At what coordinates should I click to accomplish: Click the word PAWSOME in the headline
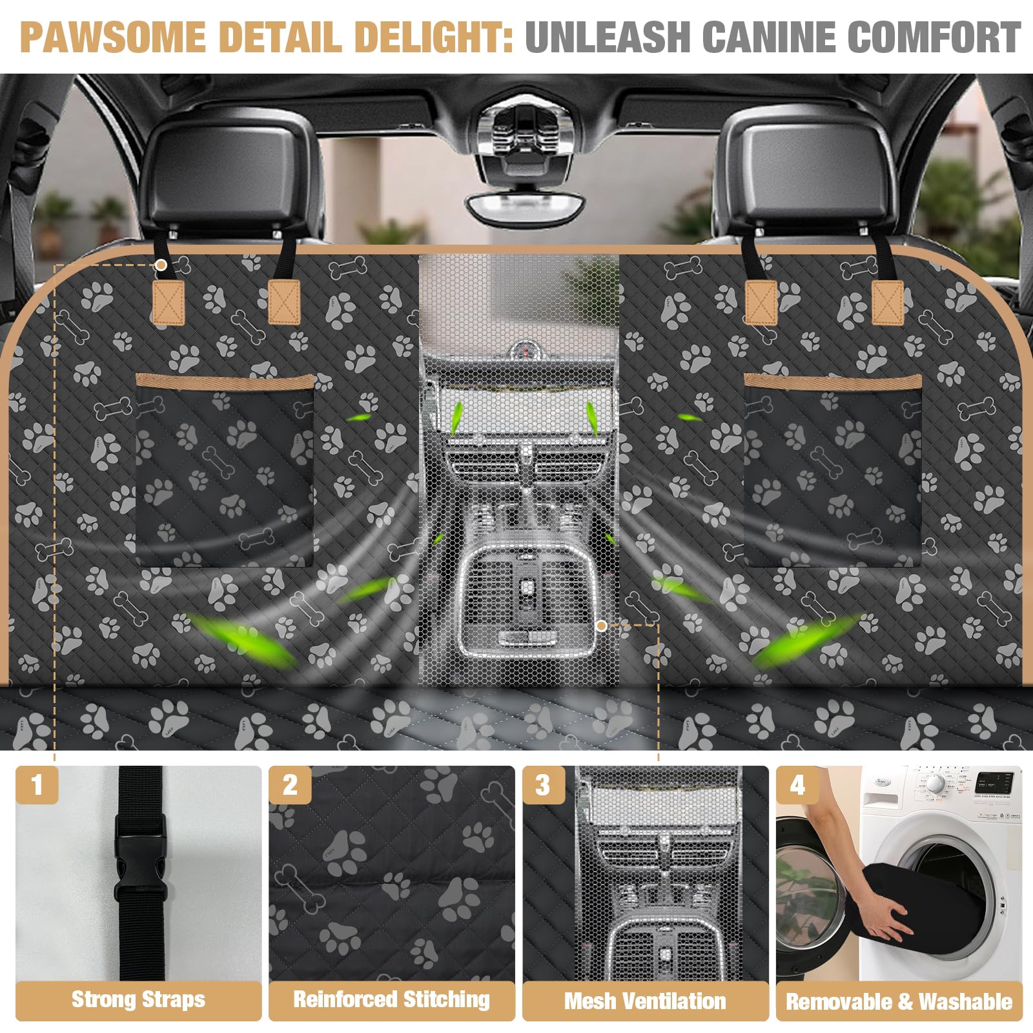pos(112,37)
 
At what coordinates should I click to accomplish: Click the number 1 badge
pos(37,785)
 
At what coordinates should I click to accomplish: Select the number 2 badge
pos(290,785)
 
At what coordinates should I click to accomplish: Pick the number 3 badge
pos(543,785)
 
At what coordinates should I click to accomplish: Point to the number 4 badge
pos(797,785)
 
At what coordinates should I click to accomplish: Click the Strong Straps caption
pos(138,1000)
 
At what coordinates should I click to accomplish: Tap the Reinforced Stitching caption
pos(391,1000)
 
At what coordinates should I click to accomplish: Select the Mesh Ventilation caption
pos(645,1001)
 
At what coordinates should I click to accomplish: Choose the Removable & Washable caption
pos(899,1001)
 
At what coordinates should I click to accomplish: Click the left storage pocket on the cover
pos(225,471)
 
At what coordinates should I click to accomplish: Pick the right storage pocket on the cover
pos(833,471)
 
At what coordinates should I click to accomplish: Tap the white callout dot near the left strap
pos(161,265)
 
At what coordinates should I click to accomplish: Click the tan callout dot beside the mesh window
pos(601,626)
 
